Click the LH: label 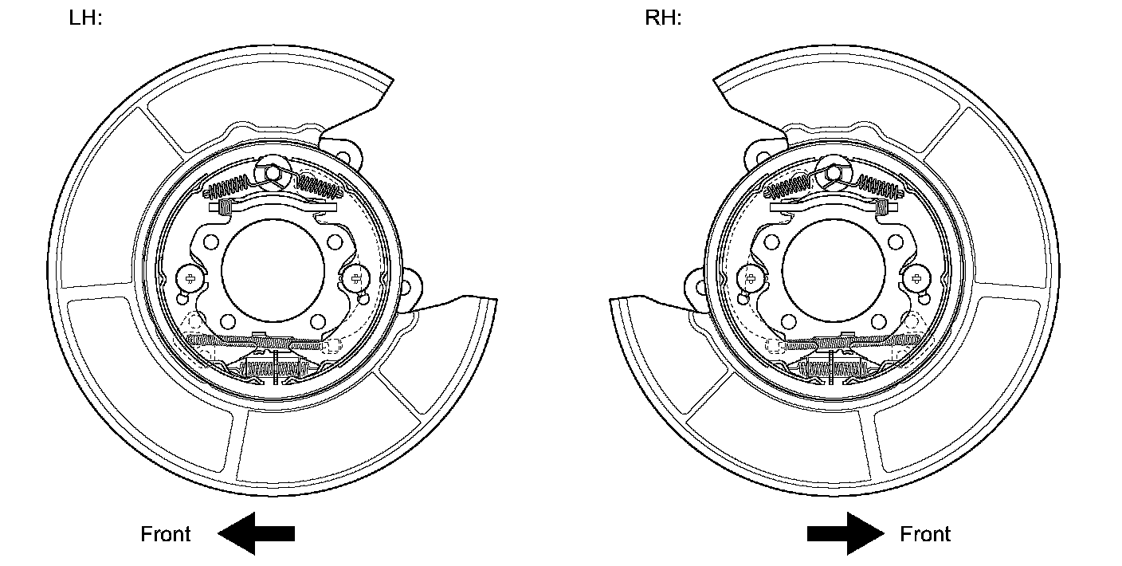click(85, 18)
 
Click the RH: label click(663, 18)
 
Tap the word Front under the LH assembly click(165, 534)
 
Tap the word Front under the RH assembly click(925, 534)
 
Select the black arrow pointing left click(257, 533)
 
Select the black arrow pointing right click(845, 533)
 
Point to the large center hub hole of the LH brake click(273, 270)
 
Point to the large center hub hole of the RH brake click(834, 270)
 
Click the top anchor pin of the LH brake click(272, 174)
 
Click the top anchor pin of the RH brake click(834, 174)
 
